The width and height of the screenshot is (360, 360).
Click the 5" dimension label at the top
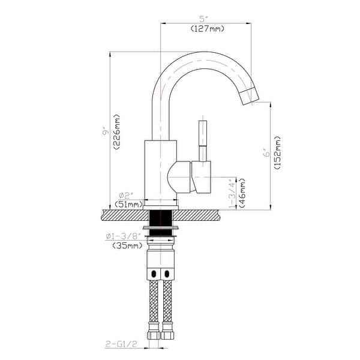coord(205,19)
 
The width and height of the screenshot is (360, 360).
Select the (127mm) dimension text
coord(205,28)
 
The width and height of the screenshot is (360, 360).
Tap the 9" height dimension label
coord(104,130)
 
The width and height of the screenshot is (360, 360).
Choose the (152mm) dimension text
coord(277,154)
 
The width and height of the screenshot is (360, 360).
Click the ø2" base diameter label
coord(125,195)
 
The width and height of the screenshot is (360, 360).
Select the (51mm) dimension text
coord(128,205)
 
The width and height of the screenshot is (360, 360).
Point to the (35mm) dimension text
coord(127,245)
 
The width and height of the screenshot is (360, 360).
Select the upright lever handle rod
coord(203,141)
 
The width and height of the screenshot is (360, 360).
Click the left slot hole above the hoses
coord(152,274)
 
